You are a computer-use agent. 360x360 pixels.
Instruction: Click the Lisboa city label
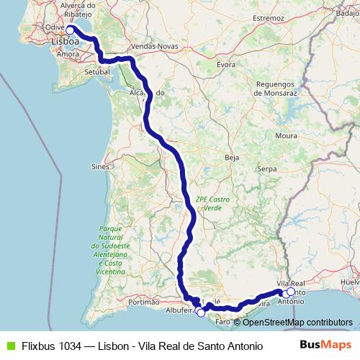(66, 42)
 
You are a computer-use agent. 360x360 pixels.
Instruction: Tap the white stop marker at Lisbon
(71, 30)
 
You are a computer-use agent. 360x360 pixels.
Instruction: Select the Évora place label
(226, 63)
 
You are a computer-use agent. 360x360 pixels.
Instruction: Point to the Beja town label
(231, 156)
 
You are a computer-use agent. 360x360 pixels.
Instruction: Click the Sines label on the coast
(100, 166)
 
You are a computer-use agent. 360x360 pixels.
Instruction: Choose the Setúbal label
(96, 73)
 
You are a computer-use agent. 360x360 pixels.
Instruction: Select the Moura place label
(286, 135)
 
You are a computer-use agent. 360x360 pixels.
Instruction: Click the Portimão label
(143, 302)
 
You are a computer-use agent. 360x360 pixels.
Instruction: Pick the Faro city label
(222, 321)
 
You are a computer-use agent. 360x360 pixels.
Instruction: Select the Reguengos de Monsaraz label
(276, 89)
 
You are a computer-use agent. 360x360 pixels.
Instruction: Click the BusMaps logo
(325, 345)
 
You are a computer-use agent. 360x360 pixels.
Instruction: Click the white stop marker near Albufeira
(200, 312)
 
